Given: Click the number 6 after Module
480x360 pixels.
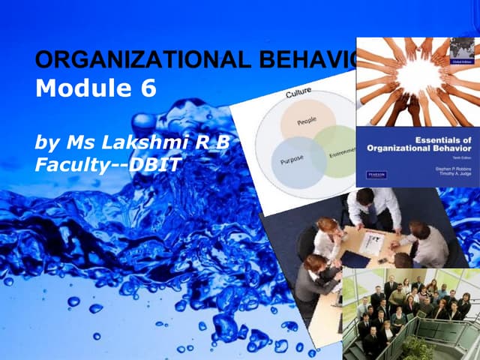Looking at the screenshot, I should point(147,89).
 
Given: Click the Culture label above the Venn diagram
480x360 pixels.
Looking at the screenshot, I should point(299,95).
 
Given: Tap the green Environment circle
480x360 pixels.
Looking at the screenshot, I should point(337,150).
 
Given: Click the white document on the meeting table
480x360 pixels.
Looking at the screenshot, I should point(372,241).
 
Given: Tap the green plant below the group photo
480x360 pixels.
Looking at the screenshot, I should point(417,347).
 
